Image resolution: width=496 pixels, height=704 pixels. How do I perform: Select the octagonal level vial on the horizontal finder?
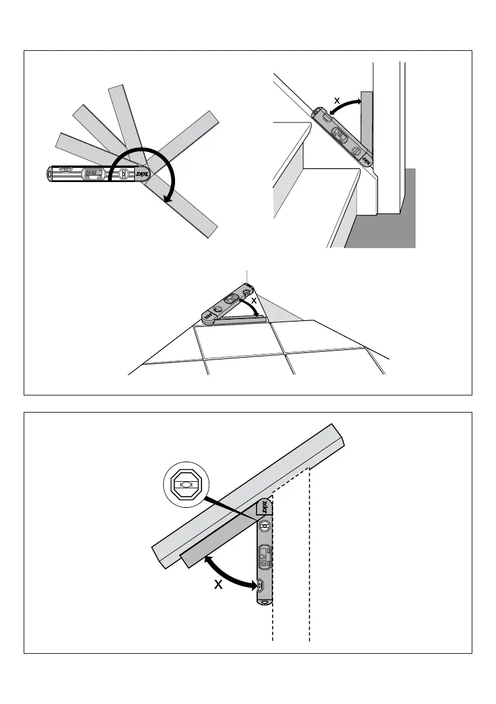[x=124, y=174]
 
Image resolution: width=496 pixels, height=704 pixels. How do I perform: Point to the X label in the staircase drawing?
[x=337, y=101]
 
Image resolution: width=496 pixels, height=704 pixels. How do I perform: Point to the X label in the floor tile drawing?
[x=254, y=301]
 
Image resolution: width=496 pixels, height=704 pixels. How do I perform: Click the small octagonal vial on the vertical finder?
[x=264, y=525]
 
